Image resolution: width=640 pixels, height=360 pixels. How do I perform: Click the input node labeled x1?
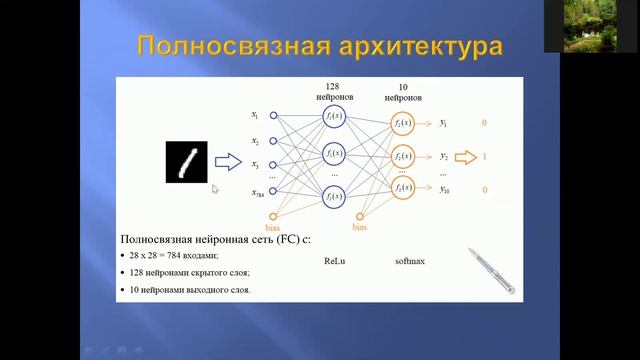pos(273,116)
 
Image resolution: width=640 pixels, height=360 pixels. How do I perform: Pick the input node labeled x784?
pos(273,192)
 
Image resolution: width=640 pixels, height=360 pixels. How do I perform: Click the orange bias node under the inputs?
pos(273,216)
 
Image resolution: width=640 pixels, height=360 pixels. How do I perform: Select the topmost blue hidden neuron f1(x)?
pos(334,117)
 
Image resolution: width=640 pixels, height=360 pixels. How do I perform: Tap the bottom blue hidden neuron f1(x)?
pos(334,197)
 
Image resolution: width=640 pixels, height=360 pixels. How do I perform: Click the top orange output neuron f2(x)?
pos(402,123)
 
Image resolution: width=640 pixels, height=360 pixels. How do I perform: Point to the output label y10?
pos(444,190)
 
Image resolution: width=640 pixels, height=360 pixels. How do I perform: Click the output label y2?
pos(443,157)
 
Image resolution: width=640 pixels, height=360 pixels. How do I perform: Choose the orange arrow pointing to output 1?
pos(466,157)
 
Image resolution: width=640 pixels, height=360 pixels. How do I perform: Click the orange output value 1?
pos(484,157)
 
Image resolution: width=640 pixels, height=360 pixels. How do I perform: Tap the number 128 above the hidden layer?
pos(334,86)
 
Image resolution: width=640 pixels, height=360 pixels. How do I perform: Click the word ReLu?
pos(334,261)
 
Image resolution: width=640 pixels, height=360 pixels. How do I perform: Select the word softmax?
pos(410,261)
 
